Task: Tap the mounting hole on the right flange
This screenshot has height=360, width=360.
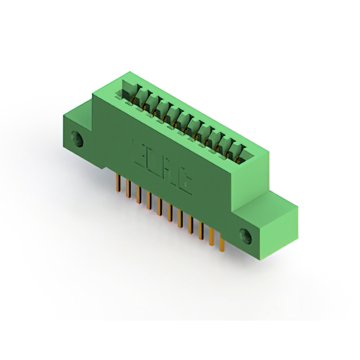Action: click(246, 235)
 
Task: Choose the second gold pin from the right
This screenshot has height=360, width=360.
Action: click(211, 237)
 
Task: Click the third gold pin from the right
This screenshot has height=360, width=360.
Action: click(201, 231)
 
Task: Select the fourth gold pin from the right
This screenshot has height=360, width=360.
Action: click(191, 224)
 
